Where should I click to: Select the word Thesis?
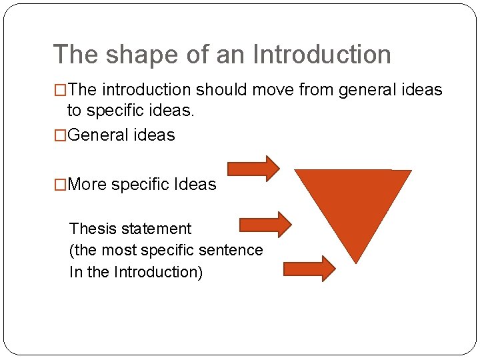pos(91,229)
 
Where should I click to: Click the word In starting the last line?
pos(75,272)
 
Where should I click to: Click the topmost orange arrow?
pos(253,169)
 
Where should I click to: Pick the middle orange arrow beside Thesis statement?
pos(265,224)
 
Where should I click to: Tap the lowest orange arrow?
pos(309,269)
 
